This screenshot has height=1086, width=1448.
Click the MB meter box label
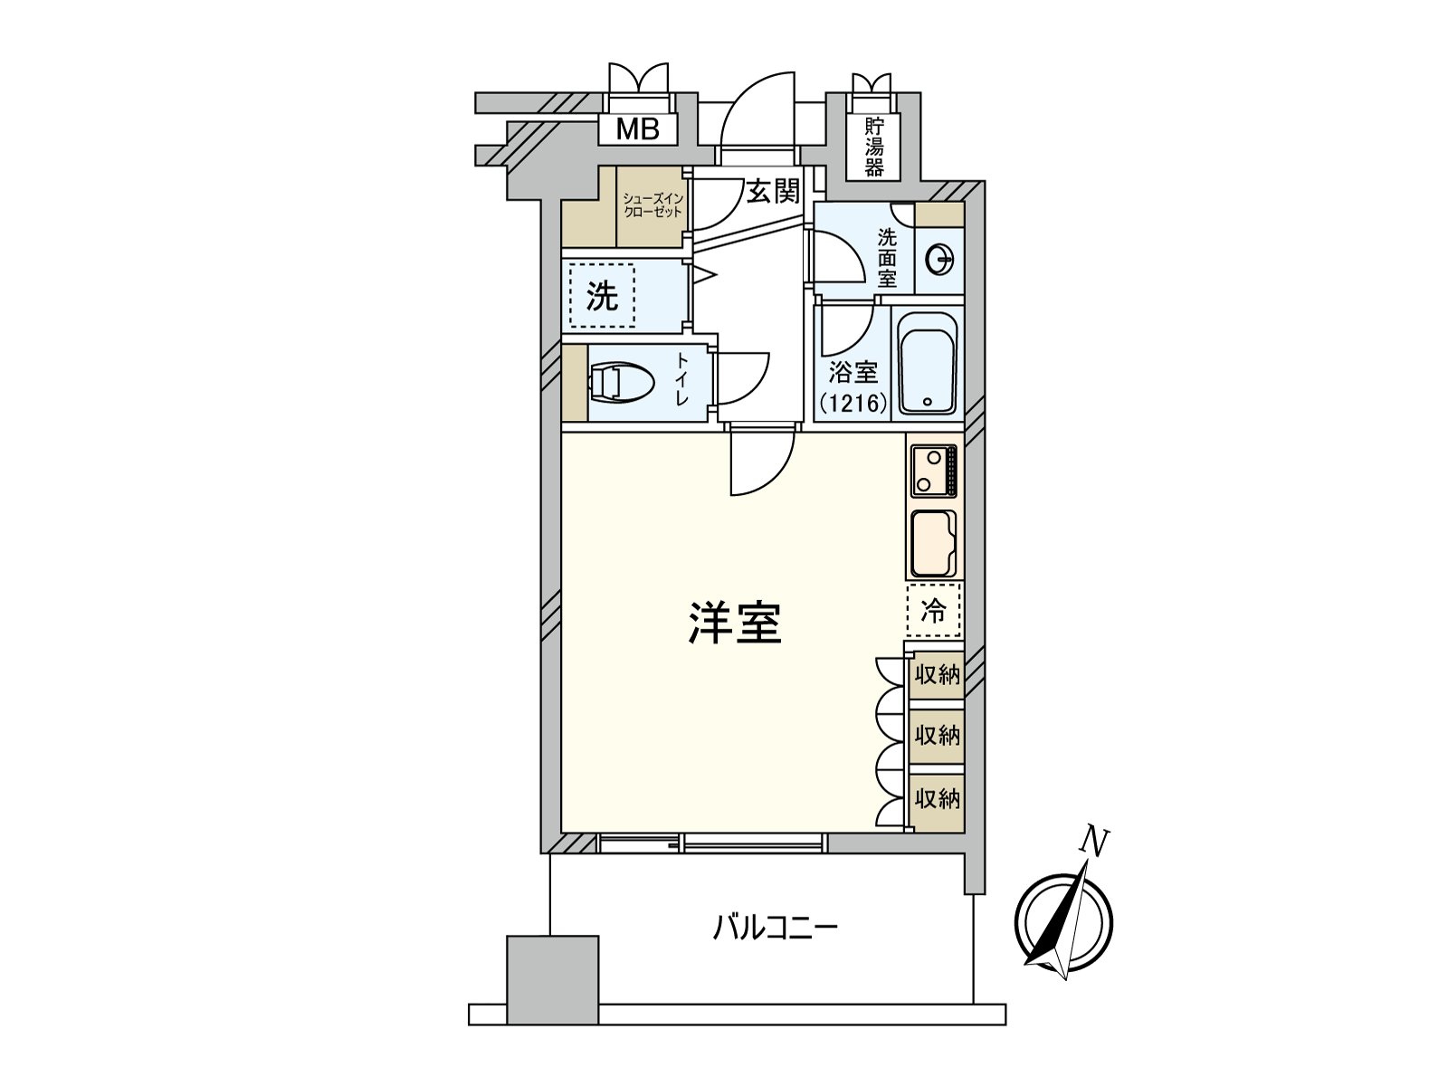(x=638, y=129)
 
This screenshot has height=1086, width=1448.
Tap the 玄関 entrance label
(x=773, y=191)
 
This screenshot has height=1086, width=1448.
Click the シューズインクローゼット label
(x=652, y=205)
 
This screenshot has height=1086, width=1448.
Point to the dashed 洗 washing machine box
(x=603, y=295)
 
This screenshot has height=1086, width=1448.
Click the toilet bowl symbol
(x=623, y=383)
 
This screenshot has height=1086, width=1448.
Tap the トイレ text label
(x=681, y=380)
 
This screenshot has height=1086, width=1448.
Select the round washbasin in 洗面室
(x=939, y=262)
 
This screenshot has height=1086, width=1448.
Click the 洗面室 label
(x=887, y=258)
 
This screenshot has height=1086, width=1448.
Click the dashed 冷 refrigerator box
(x=933, y=611)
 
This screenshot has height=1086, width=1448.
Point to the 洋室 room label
(x=735, y=624)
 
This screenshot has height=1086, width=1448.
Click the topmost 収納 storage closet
(x=937, y=674)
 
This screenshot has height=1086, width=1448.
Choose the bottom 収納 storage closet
(x=937, y=799)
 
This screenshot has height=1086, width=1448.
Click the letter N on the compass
(x=1095, y=843)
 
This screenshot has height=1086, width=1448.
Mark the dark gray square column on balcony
(x=552, y=980)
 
